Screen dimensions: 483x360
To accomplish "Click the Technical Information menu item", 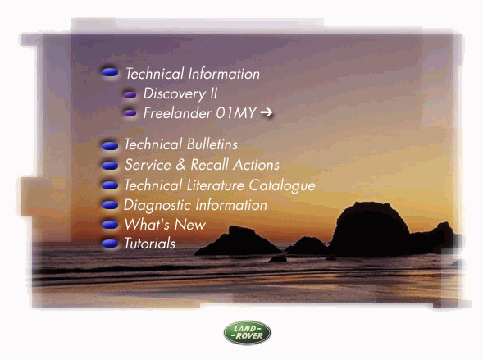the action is (x=193, y=74).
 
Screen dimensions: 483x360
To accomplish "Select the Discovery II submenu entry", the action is (x=180, y=93).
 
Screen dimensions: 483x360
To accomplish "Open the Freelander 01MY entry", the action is (x=199, y=113).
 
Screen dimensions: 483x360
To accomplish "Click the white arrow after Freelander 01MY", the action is (x=267, y=112).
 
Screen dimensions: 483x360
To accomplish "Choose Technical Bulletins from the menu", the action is (x=180, y=144).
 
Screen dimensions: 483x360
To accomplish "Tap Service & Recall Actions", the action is (x=202, y=165).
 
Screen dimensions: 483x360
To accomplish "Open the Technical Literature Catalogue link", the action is (x=220, y=185).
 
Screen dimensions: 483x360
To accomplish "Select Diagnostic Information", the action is (x=195, y=205).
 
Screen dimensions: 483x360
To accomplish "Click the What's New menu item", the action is (x=165, y=225).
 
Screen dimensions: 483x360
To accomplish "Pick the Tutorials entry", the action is (x=150, y=244).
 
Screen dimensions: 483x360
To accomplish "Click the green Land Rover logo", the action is (x=248, y=333).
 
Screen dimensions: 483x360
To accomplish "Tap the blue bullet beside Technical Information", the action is (x=110, y=72).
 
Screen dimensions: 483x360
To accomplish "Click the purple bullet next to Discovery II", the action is (x=130, y=94).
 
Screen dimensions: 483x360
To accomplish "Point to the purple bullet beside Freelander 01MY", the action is (x=130, y=113).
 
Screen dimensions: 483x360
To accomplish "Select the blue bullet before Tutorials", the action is (x=110, y=244).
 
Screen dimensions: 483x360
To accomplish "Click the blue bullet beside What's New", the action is (x=110, y=225).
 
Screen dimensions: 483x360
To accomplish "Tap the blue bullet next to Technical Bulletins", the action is (x=110, y=145).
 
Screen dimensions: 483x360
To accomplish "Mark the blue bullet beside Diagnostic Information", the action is (x=110, y=205).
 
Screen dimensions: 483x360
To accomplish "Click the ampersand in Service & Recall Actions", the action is (x=180, y=165).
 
